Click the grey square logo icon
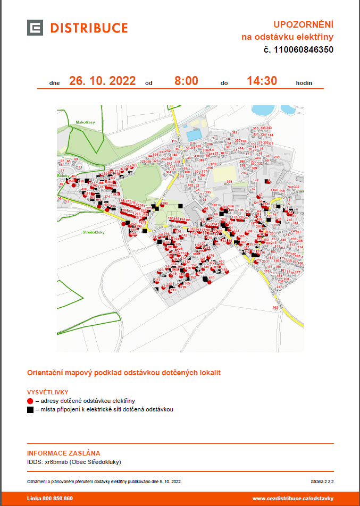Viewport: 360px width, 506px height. [35, 28]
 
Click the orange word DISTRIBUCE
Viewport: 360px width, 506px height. [89, 28]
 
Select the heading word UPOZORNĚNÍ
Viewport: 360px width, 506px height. [303, 24]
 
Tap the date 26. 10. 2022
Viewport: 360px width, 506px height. [102, 81]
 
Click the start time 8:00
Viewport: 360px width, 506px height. [186, 81]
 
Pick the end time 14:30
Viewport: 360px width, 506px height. [262, 81]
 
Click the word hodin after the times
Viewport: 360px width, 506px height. [304, 83]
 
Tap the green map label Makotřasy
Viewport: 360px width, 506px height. [85, 122]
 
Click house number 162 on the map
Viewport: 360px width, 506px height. [275, 307]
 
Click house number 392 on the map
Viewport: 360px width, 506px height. [234, 132]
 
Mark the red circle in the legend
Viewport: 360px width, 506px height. [30, 400]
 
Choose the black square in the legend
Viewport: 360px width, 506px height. [30, 410]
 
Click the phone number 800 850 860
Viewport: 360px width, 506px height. [57, 499]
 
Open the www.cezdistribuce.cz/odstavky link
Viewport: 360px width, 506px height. [292, 499]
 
